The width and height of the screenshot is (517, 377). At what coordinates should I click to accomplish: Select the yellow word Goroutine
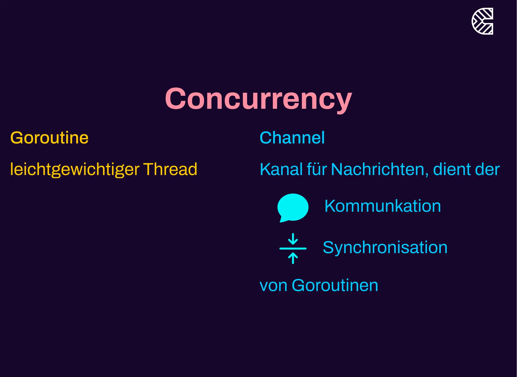[x=49, y=138]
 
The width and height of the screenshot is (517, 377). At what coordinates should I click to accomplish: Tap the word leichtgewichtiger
[x=75, y=169]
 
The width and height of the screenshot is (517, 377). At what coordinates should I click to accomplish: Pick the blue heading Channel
[x=292, y=138]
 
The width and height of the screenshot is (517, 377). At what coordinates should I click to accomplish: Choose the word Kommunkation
[x=382, y=206]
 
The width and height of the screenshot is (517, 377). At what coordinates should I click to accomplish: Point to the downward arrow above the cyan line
[x=293, y=239]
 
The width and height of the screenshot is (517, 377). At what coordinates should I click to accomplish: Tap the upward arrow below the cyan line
[x=293, y=258]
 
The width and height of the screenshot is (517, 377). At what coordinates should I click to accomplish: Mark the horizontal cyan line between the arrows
[x=293, y=248]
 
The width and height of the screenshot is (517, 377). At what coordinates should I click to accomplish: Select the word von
[x=273, y=286]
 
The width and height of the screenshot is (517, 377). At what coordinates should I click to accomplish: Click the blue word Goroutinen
[x=335, y=286]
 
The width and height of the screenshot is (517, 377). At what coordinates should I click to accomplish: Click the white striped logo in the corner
[x=482, y=21]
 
